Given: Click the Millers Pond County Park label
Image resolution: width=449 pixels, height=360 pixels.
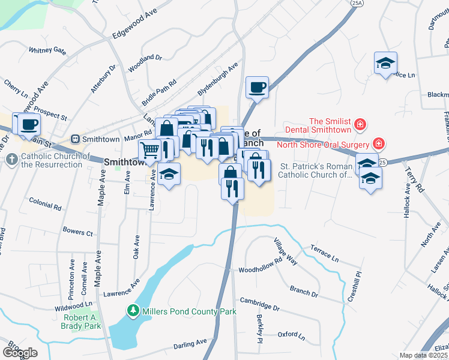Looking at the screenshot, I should click(x=188, y=311).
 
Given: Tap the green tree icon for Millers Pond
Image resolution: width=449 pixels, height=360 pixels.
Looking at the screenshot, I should click(x=133, y=311).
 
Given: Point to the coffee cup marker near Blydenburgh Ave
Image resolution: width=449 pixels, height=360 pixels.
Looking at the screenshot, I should click(x=258, y=88).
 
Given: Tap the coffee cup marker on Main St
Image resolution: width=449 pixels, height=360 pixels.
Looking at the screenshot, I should click(x=28, y=125).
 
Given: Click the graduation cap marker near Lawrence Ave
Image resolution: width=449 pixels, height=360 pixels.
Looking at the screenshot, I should click(x=169, y=174).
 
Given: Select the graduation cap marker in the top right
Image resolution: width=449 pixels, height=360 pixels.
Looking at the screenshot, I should click(x=385, y=63).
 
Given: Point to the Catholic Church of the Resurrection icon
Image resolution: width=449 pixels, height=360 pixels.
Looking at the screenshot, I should click(x=11, y=160).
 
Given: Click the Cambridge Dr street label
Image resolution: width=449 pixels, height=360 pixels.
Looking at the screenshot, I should click(x=260, y=304).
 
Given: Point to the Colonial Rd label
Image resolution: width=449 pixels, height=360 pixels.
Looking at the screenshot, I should click(x=45, y=205).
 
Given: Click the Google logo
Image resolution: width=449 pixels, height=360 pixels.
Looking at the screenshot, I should click(x=20, y=352).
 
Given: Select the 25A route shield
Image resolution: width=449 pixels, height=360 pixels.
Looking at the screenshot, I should click(x=357, y=3).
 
